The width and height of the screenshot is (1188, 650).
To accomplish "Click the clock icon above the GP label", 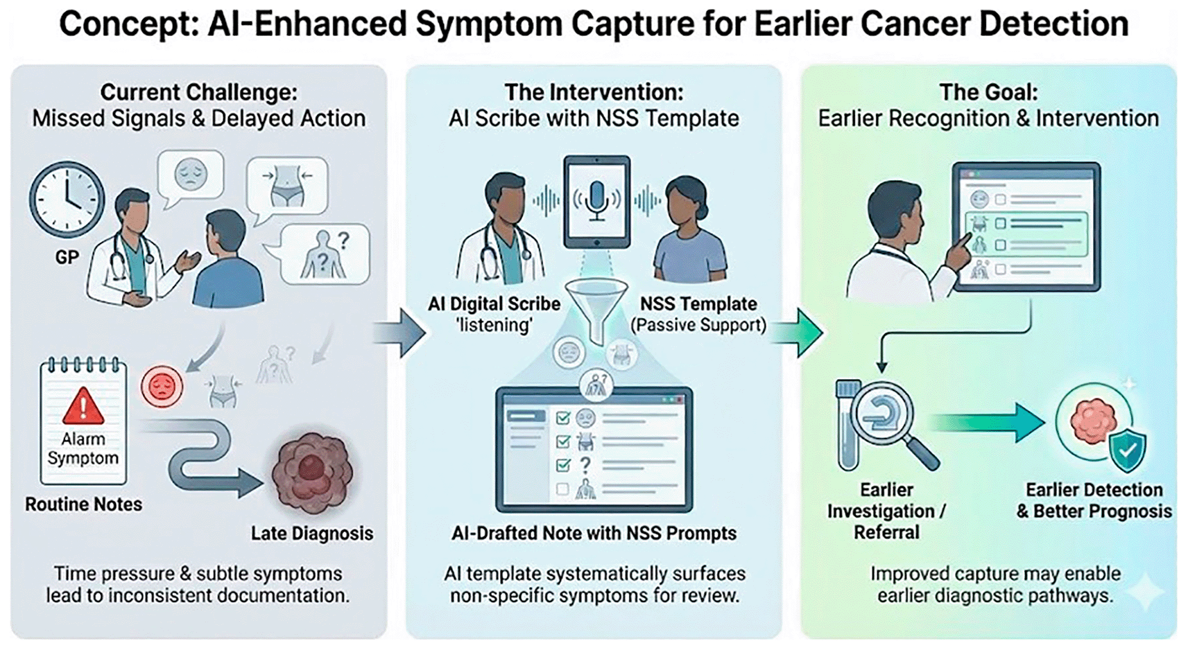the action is coord(67,200).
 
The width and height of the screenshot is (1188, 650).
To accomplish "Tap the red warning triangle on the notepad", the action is coord(83,406).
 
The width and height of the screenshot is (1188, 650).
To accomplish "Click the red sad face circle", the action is coord(162,387).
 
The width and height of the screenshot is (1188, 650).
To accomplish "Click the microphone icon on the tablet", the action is coord(597,200).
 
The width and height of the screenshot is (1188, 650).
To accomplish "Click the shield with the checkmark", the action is coord(1128,451).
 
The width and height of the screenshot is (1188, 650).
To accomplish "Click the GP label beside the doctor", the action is coord(67,258).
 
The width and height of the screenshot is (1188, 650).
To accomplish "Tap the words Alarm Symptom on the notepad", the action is coord(83,448).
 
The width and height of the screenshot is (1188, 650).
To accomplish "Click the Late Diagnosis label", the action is coord(312,534).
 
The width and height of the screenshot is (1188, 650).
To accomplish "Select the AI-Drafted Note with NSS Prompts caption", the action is coord(594,534).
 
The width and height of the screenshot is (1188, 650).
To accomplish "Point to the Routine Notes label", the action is coord(84,504).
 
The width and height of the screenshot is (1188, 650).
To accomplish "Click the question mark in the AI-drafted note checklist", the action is coord(585,465).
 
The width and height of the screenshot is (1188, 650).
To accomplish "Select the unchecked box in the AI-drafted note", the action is coord(562,489).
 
